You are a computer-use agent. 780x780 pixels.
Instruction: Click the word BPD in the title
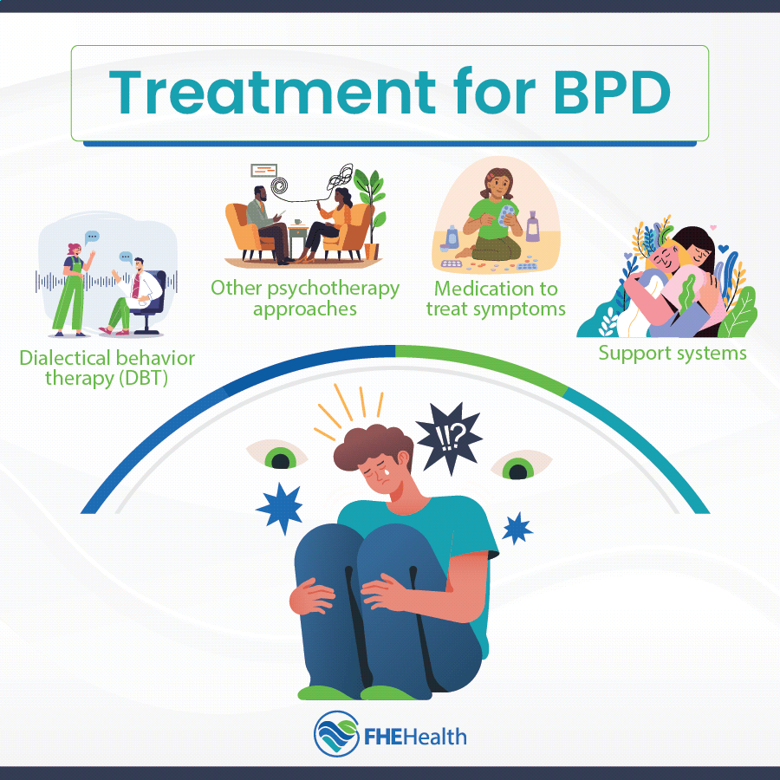pos(613,93)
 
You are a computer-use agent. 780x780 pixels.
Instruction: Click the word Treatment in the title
pos(273,93)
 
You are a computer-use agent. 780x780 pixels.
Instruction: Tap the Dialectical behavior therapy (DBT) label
pos(107,368)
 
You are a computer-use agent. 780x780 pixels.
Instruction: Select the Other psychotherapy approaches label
pos(305,298)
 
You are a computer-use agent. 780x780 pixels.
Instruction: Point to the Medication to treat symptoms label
pos(496,298)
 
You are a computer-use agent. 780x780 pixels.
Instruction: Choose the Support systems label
pos(673,354)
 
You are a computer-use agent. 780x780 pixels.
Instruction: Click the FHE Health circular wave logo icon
pos(337,734)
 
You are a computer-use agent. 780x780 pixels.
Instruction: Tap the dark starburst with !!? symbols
pos(449,439)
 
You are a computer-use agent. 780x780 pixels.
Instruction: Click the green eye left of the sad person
pos(277,455)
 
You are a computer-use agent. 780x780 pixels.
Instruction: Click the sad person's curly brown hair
pos(372,445)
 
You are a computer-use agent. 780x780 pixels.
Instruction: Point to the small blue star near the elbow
pos(517,529)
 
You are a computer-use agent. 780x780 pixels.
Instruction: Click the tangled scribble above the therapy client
pos(340,179)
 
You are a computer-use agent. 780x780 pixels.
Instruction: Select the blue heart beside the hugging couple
pos(724,248)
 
